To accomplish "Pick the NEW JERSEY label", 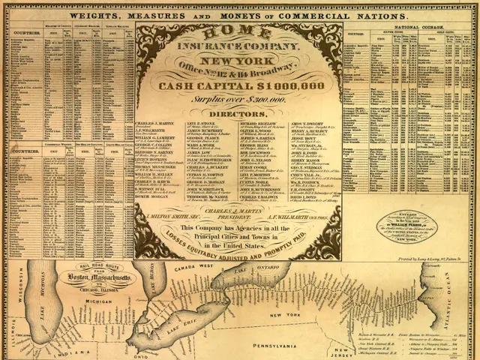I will pyautogui.click(x=343, y=349).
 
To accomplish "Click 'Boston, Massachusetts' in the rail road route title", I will pyautogui.click(x=97, y=280).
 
